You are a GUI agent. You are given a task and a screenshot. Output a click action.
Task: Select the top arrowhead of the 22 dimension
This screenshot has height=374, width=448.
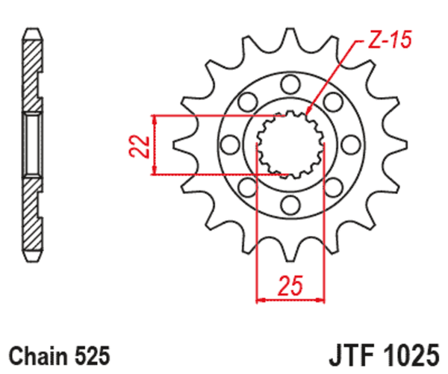(154, 119)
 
